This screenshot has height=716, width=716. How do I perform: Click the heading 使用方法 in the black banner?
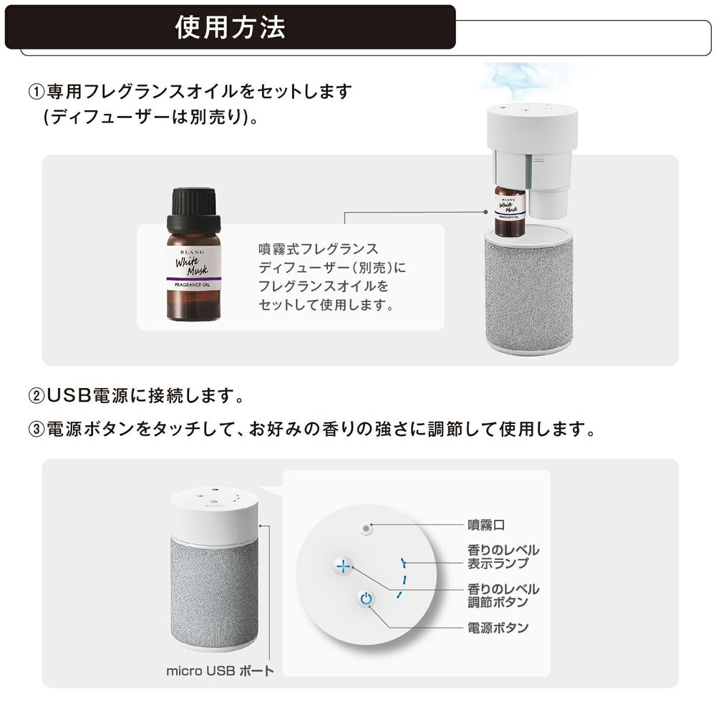230,27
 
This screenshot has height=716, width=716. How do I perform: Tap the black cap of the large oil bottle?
193,211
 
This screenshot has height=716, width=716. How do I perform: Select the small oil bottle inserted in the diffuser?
510,211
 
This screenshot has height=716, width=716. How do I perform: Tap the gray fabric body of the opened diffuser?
528,291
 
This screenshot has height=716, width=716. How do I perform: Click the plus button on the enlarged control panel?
344,566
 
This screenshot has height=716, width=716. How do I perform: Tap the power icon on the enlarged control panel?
366,599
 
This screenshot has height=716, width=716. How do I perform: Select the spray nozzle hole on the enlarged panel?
366,529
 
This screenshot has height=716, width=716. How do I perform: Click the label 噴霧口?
486,525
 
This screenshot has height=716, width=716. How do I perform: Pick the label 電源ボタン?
498,627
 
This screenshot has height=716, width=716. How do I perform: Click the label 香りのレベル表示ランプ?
503,556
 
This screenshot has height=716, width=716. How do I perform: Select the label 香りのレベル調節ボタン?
503,596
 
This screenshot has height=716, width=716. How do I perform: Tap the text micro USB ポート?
220,671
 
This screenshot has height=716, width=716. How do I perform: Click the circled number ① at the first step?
37,92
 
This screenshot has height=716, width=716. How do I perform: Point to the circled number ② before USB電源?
37,395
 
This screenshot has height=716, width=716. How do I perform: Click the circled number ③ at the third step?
37,429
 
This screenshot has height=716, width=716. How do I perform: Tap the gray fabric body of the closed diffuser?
214,589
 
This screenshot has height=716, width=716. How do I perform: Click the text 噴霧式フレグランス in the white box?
319,249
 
